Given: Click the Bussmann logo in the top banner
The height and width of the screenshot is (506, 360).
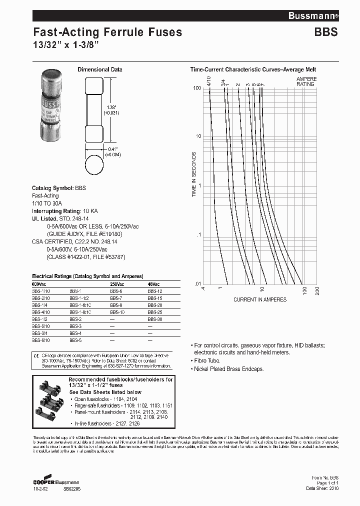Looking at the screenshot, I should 313,16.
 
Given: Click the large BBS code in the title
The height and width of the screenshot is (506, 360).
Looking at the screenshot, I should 325,32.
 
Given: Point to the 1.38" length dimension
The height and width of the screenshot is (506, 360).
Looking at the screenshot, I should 110,110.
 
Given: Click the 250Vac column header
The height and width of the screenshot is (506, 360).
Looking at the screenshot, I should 117,284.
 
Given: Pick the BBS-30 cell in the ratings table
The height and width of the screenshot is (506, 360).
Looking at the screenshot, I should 154,318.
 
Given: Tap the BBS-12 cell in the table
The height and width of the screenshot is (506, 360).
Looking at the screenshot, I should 154,290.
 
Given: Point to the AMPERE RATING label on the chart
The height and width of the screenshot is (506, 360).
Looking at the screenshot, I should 305,81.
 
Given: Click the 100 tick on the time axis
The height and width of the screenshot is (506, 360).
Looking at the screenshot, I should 197,88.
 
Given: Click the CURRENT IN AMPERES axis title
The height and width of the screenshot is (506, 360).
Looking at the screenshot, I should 260,299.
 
